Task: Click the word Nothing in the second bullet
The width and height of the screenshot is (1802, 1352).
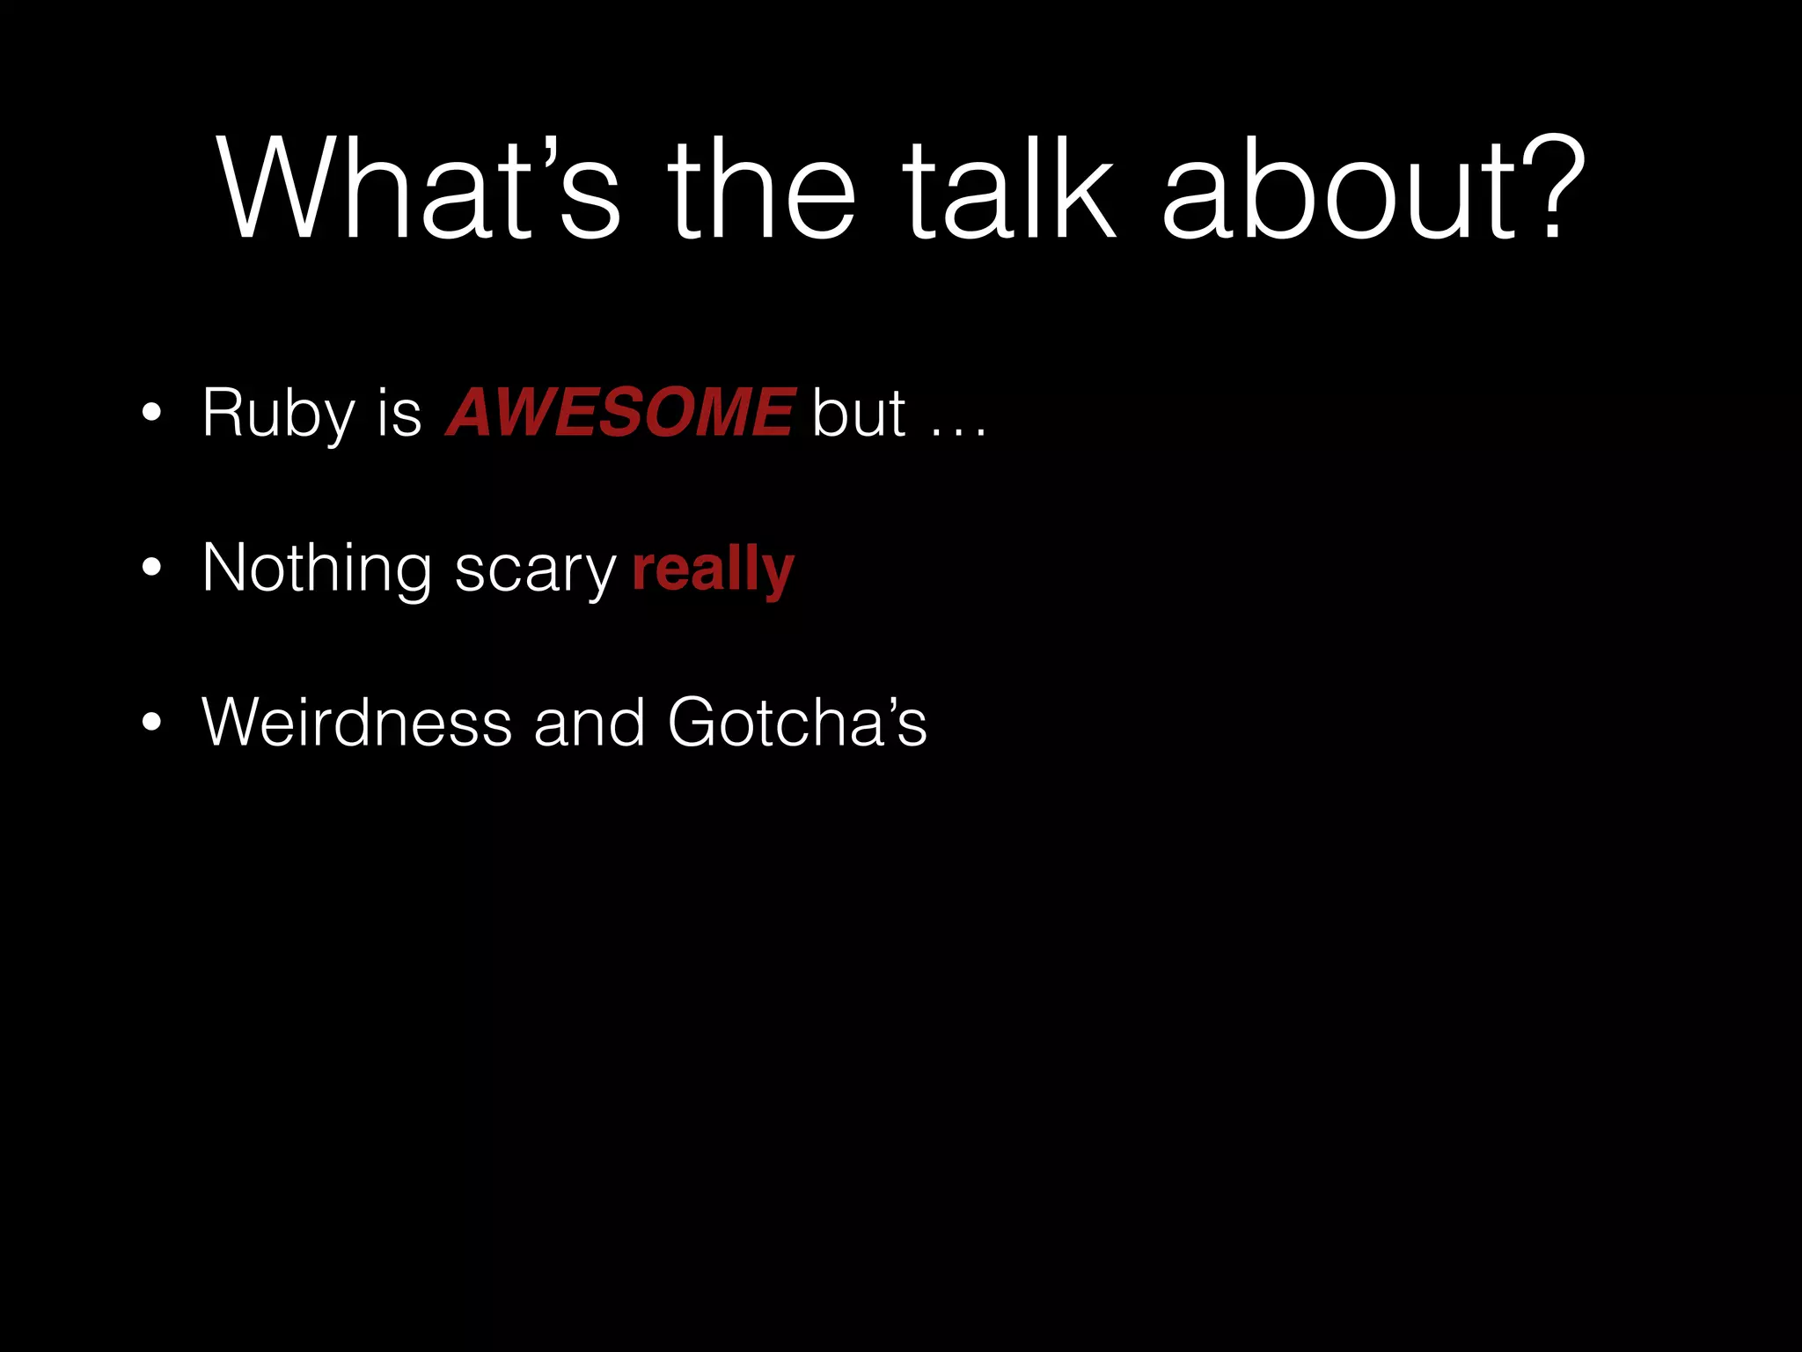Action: click(x=317, y=568)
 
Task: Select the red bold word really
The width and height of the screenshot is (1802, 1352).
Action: click(x=713, y=570)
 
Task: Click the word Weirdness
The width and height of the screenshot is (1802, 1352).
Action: click(x=357, y=723)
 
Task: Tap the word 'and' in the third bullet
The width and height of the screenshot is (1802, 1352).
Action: click(x=590, y=723)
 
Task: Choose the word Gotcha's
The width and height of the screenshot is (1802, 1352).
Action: click(x=797, y=723)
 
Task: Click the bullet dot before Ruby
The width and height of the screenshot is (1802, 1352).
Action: click(x=151, y=414)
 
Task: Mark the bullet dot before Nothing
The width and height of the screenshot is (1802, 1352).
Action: click(x=151, y=569)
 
